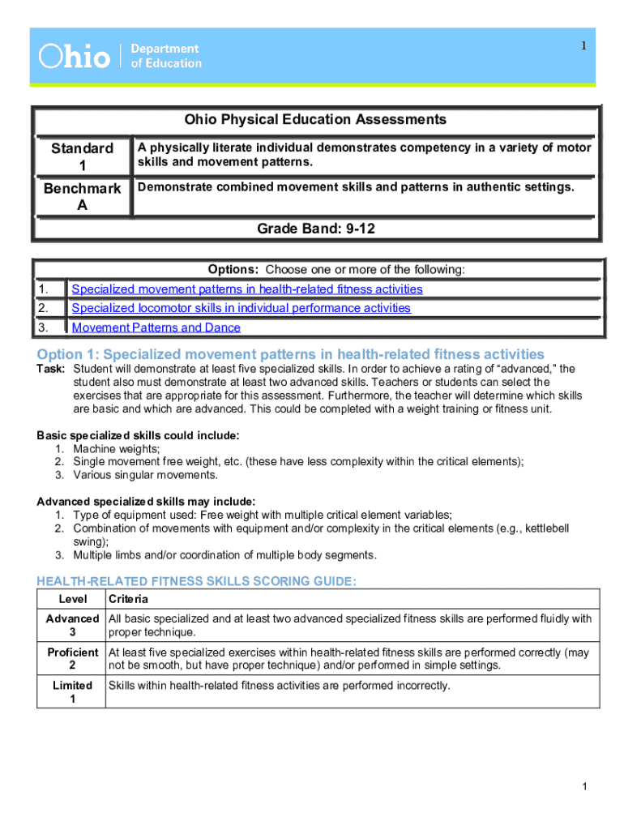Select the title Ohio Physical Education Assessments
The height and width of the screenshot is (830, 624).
pyautogui.click(x=314, y=120)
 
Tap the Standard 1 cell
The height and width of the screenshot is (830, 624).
pyautogui.click(x=82, y=157)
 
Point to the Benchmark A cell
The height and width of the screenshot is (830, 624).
pyautogui.click(x=82, y=197)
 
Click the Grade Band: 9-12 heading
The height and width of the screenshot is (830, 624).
pyautogui.click(x=315, y=229)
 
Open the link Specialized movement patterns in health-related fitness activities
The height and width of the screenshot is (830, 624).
pyautogui.click(x=247, y=289)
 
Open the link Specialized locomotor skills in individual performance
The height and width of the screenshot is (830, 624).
pyautogui.click(x=241, y=308)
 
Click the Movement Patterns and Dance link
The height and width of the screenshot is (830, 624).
pyautogui.click(x=156, y=327)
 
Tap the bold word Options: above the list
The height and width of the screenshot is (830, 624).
pyautogui.click(x=233, y=270)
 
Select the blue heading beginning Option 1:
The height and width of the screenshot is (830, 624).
pyautogui.click(x=291, y=354)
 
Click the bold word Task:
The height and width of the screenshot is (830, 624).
pyautogui.click(x=51, y=369)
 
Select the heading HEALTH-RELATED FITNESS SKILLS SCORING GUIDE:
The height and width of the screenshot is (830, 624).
pyautogui.click(x=197, y=581)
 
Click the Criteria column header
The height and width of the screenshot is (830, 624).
pyautogui.click(x=128, y=600)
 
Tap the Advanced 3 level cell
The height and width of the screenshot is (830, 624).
pyautogui.click(x=72, y=625)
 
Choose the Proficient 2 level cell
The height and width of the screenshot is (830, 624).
pyautogui.click(x=72, y=658)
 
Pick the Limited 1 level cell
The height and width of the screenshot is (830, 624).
pyautogui.click(x=72, y=691)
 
